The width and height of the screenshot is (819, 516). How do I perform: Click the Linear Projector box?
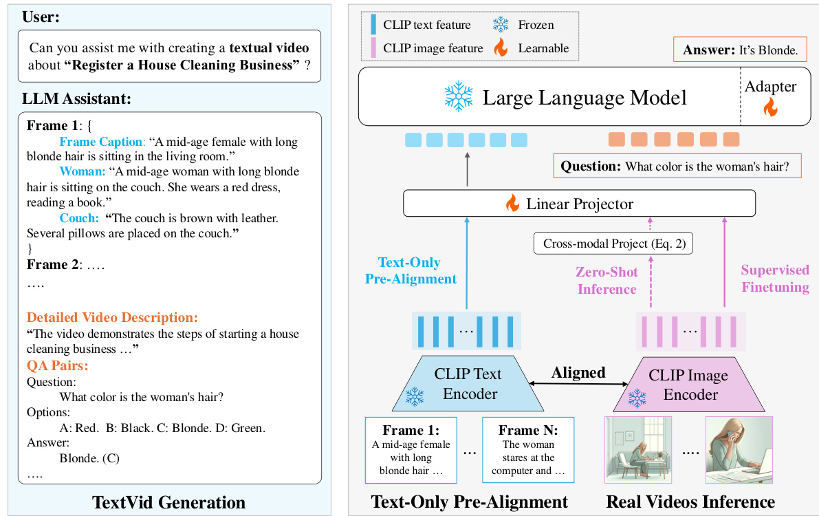tap(579, 204)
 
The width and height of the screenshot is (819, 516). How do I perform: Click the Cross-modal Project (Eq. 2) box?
tap(614, 243)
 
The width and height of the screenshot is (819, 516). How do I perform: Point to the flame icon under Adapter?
tap(771, 107)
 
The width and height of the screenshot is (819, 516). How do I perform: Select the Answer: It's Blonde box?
tap(740, 50)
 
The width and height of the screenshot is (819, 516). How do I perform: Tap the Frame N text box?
tap(527, 450)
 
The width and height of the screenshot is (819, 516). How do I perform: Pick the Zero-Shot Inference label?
tap(606, 281)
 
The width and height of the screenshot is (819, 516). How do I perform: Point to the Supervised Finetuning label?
tap(775, 278)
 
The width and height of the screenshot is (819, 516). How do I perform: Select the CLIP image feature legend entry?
tap(426, 48)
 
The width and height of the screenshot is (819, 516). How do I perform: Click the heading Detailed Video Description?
tap(112, 318)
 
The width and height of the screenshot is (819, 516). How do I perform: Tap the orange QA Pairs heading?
tap(58, 365)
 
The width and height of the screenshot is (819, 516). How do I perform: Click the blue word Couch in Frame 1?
tap(79, 217)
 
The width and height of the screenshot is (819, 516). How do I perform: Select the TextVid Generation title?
tap(168, 502)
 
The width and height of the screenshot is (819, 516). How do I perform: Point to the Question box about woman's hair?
tap(677, 166)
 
